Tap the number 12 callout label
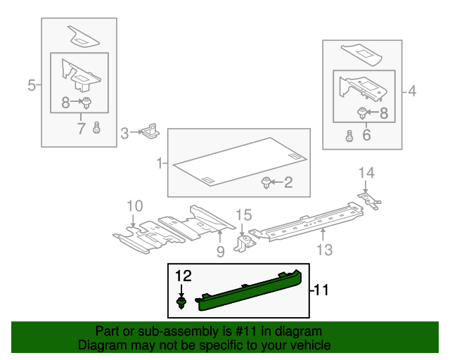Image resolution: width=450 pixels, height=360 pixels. [183, 276]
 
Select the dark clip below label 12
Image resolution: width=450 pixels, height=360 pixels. [182, 302]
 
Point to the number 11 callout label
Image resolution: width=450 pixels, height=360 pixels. [321, 289]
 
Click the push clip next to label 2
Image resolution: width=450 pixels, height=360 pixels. [266, 184]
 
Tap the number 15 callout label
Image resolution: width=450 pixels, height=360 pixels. [243, 214]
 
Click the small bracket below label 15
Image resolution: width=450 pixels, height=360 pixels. [246, 243]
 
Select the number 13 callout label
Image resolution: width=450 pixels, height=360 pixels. [323, 248]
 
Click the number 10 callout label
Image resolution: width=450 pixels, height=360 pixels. [134, 206]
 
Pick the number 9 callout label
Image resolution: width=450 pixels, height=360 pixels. [220, 250]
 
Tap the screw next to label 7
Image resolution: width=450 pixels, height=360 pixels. [97, 128]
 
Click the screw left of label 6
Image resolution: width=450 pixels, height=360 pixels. [349, 136]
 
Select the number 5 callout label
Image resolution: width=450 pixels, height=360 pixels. [31, 86]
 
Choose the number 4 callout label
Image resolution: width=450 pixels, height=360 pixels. [411, 90]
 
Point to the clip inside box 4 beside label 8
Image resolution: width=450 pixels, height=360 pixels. [362, 112]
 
